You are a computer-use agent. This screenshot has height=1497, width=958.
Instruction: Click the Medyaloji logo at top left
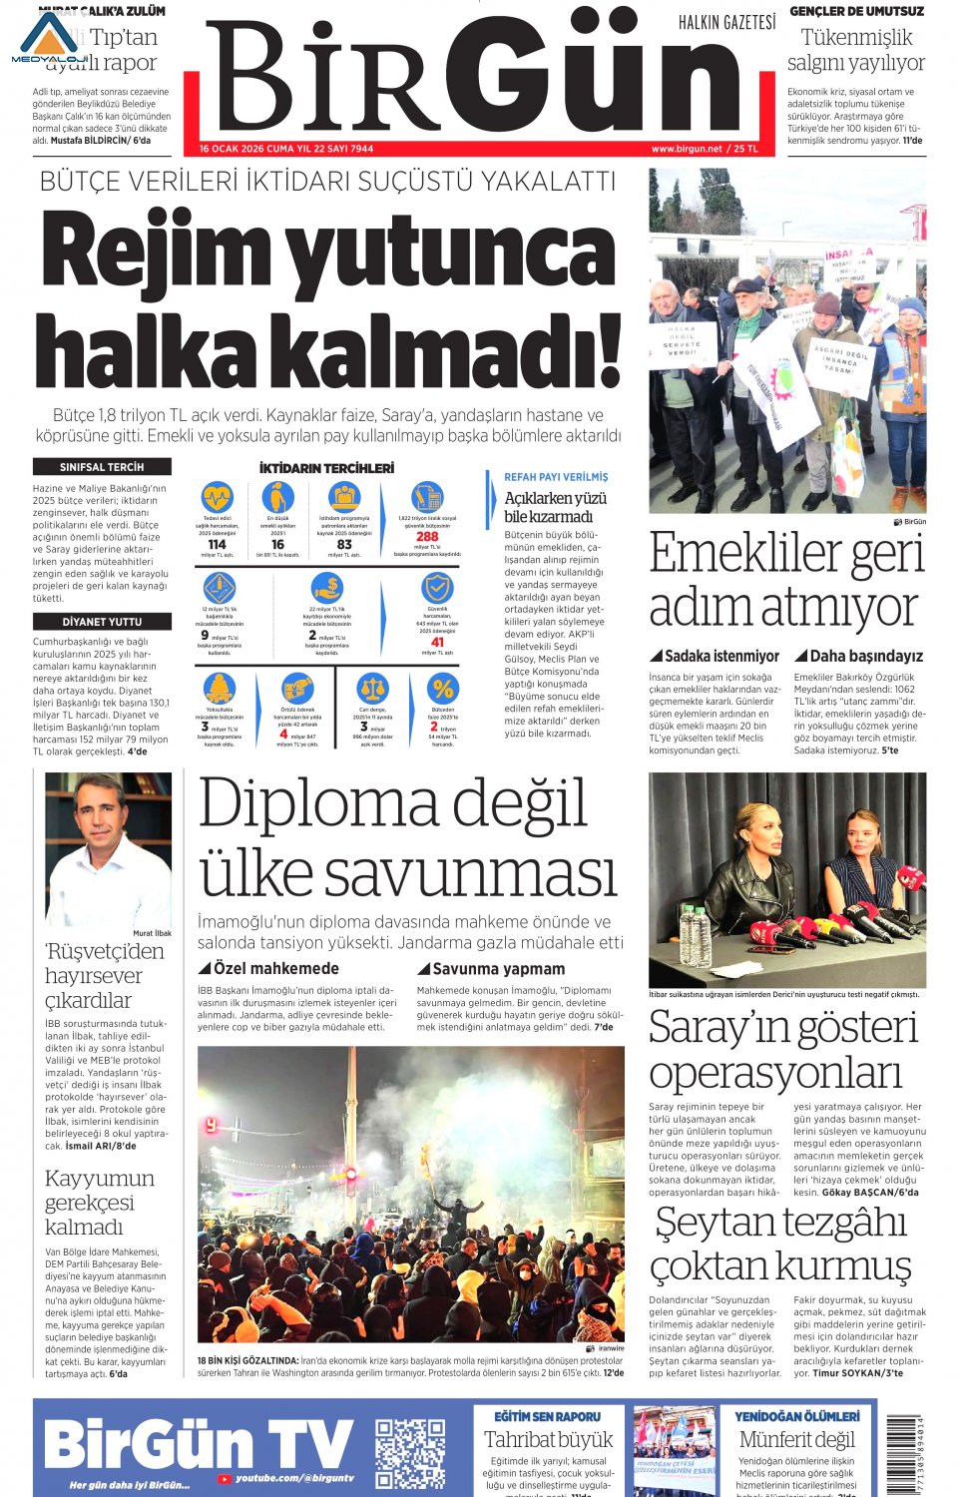coord(48,40)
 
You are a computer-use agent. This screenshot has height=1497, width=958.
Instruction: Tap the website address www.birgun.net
coord(686,149)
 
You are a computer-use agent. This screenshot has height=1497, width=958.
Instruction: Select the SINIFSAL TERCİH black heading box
coord(101,467)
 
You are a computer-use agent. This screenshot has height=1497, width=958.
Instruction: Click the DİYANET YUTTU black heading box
coord(101,621)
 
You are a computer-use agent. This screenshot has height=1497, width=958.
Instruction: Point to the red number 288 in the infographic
coord(427,537)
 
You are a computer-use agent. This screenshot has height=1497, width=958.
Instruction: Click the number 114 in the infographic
coord(217,545)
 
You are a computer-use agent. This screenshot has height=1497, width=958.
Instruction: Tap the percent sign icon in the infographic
coord(443,688)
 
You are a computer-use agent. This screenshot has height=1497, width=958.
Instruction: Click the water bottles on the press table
coord(696,933)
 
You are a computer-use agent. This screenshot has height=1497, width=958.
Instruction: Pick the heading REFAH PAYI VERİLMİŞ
coord(555,477)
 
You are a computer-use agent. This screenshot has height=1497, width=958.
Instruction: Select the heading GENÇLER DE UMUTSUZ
coord(856,11)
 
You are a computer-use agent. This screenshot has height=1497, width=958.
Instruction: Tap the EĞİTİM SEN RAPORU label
coord(548,1416)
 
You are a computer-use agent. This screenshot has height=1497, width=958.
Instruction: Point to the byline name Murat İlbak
coord(152,933)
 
